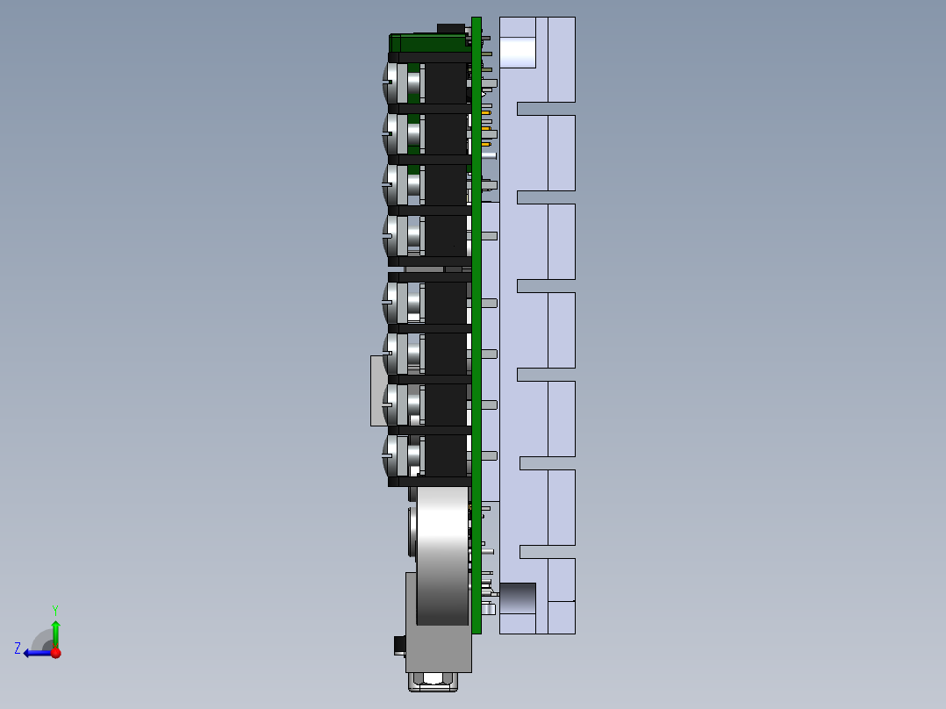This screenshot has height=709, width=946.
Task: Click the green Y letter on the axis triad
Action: pyautogui.click(x=55, y=608)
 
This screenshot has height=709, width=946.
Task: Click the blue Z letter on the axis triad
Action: pyautogui.click(x=18, y=648)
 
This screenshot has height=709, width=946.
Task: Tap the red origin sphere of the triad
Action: pyautogui.click(x=55, y=653)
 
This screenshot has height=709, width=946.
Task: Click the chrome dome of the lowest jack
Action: pyautogui.click(x=389, y=456)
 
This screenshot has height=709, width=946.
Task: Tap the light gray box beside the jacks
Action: pyautogui.click(x=378, y=390)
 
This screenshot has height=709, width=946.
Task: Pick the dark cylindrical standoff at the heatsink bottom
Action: pyautogui.click(x=517, y=598)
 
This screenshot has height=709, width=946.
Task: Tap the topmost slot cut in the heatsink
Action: pyautogui.click(x=545, y=109)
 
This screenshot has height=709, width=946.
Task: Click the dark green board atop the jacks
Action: pyautogui.click(x=429, y=43)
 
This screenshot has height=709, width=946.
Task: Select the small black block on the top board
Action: pyautogui.click(x=451, y=29)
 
